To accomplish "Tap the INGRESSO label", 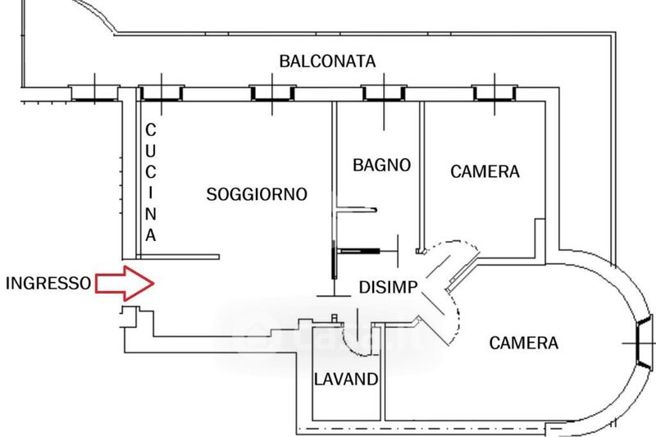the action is pos(48,284).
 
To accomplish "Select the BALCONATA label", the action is pos(327,61).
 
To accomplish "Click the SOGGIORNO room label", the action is pos(257,194).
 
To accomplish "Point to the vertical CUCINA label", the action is pos(151,182).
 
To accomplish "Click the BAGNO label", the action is pos(381,164).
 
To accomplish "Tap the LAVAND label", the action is pos(347,380).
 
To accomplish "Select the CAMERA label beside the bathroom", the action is pos(485,171).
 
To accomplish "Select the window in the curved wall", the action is pos(643,340).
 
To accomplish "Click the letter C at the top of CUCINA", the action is pos(151,130).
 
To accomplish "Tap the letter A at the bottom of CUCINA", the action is pos(151,234).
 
